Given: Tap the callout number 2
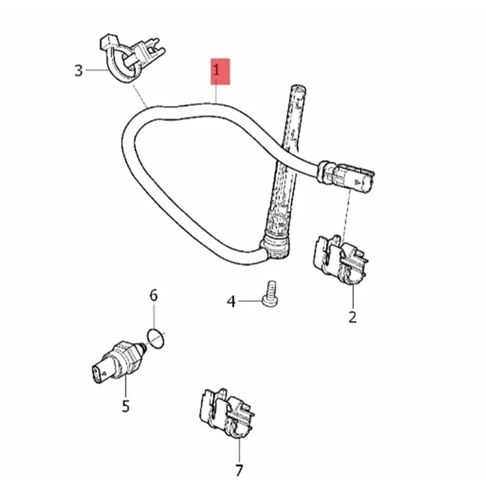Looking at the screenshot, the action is (352, 317).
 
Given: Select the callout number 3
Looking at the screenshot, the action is (78, 70).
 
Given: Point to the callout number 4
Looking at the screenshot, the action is (231, 301).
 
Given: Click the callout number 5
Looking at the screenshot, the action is (125, 406).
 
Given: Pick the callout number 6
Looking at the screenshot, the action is (154, 295).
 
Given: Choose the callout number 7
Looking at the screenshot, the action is (239, 470).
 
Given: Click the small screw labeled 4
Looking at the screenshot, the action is (270, 294).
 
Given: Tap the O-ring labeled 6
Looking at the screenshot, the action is (156, 339).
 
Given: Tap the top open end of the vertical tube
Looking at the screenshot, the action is (298, 88).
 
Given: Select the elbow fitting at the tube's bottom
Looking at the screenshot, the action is (276, 247).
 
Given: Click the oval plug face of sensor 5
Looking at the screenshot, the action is (98, 373).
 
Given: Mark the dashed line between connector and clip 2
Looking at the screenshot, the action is (346, 214).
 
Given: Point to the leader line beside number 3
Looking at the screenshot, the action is (97, 70).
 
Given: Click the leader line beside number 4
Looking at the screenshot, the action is (250, 301).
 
